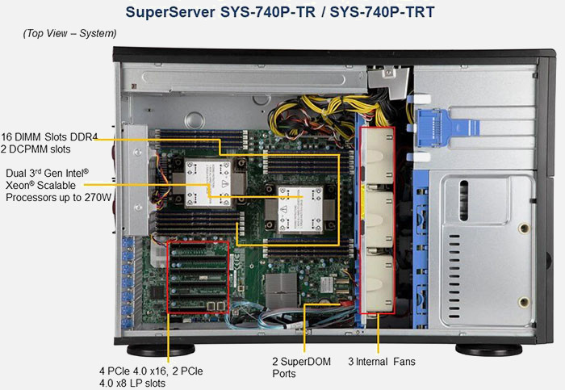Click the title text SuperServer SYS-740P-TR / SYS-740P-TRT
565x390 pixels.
point(282,12)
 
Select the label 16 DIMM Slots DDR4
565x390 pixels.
point(49,137)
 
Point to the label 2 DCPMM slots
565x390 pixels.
point(36,149)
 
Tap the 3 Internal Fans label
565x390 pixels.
point(381,362)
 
